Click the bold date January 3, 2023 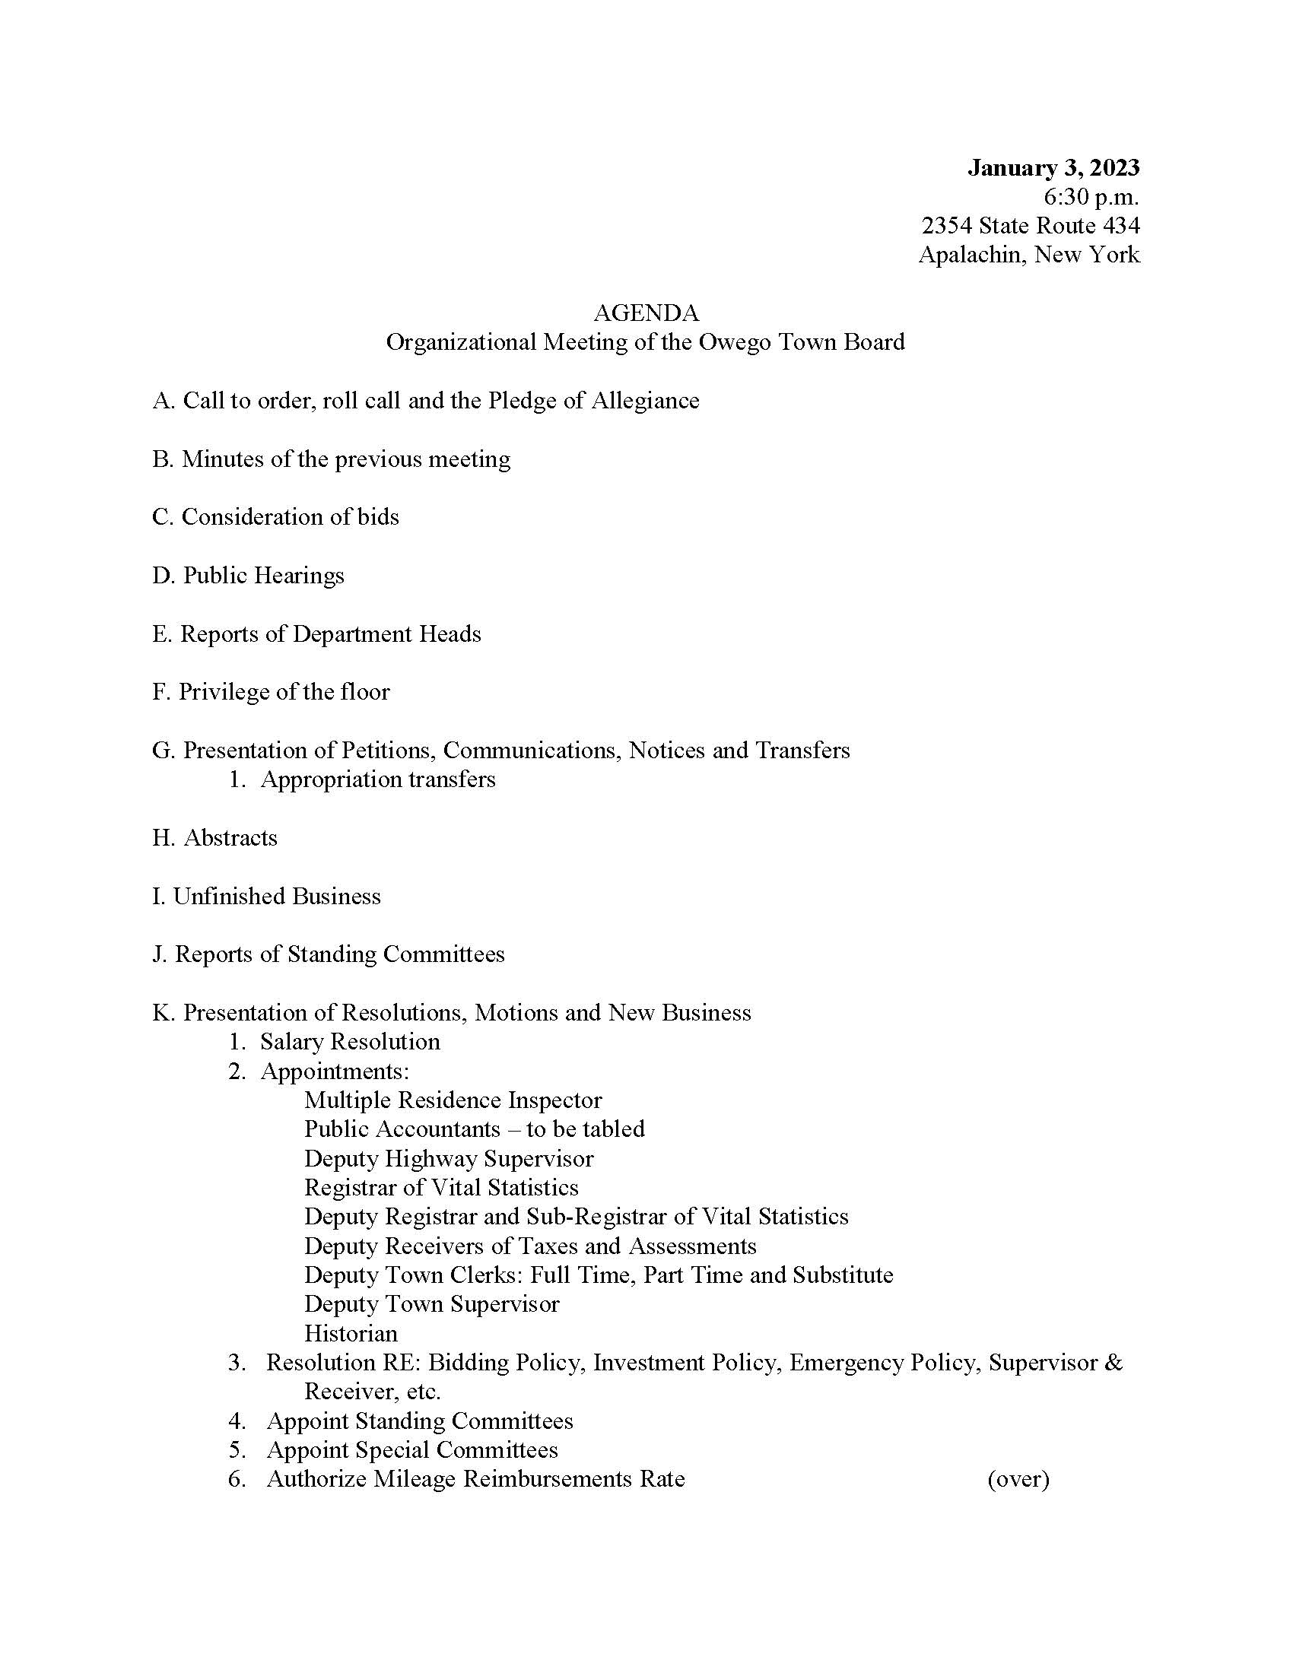tap(1053, 168)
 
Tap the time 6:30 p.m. tap(1091, 197)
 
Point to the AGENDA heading tap(646, 313)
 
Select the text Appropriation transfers tap(378, 779)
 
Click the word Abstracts tap(230, 838)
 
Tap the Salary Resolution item tap(350, 1042)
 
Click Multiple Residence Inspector tap(453, 1100)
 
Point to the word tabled tap(612, 1129)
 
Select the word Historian tap(351, 1334)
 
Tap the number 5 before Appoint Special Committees tap(236, 1450)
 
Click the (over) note tap(1018, 1479)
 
